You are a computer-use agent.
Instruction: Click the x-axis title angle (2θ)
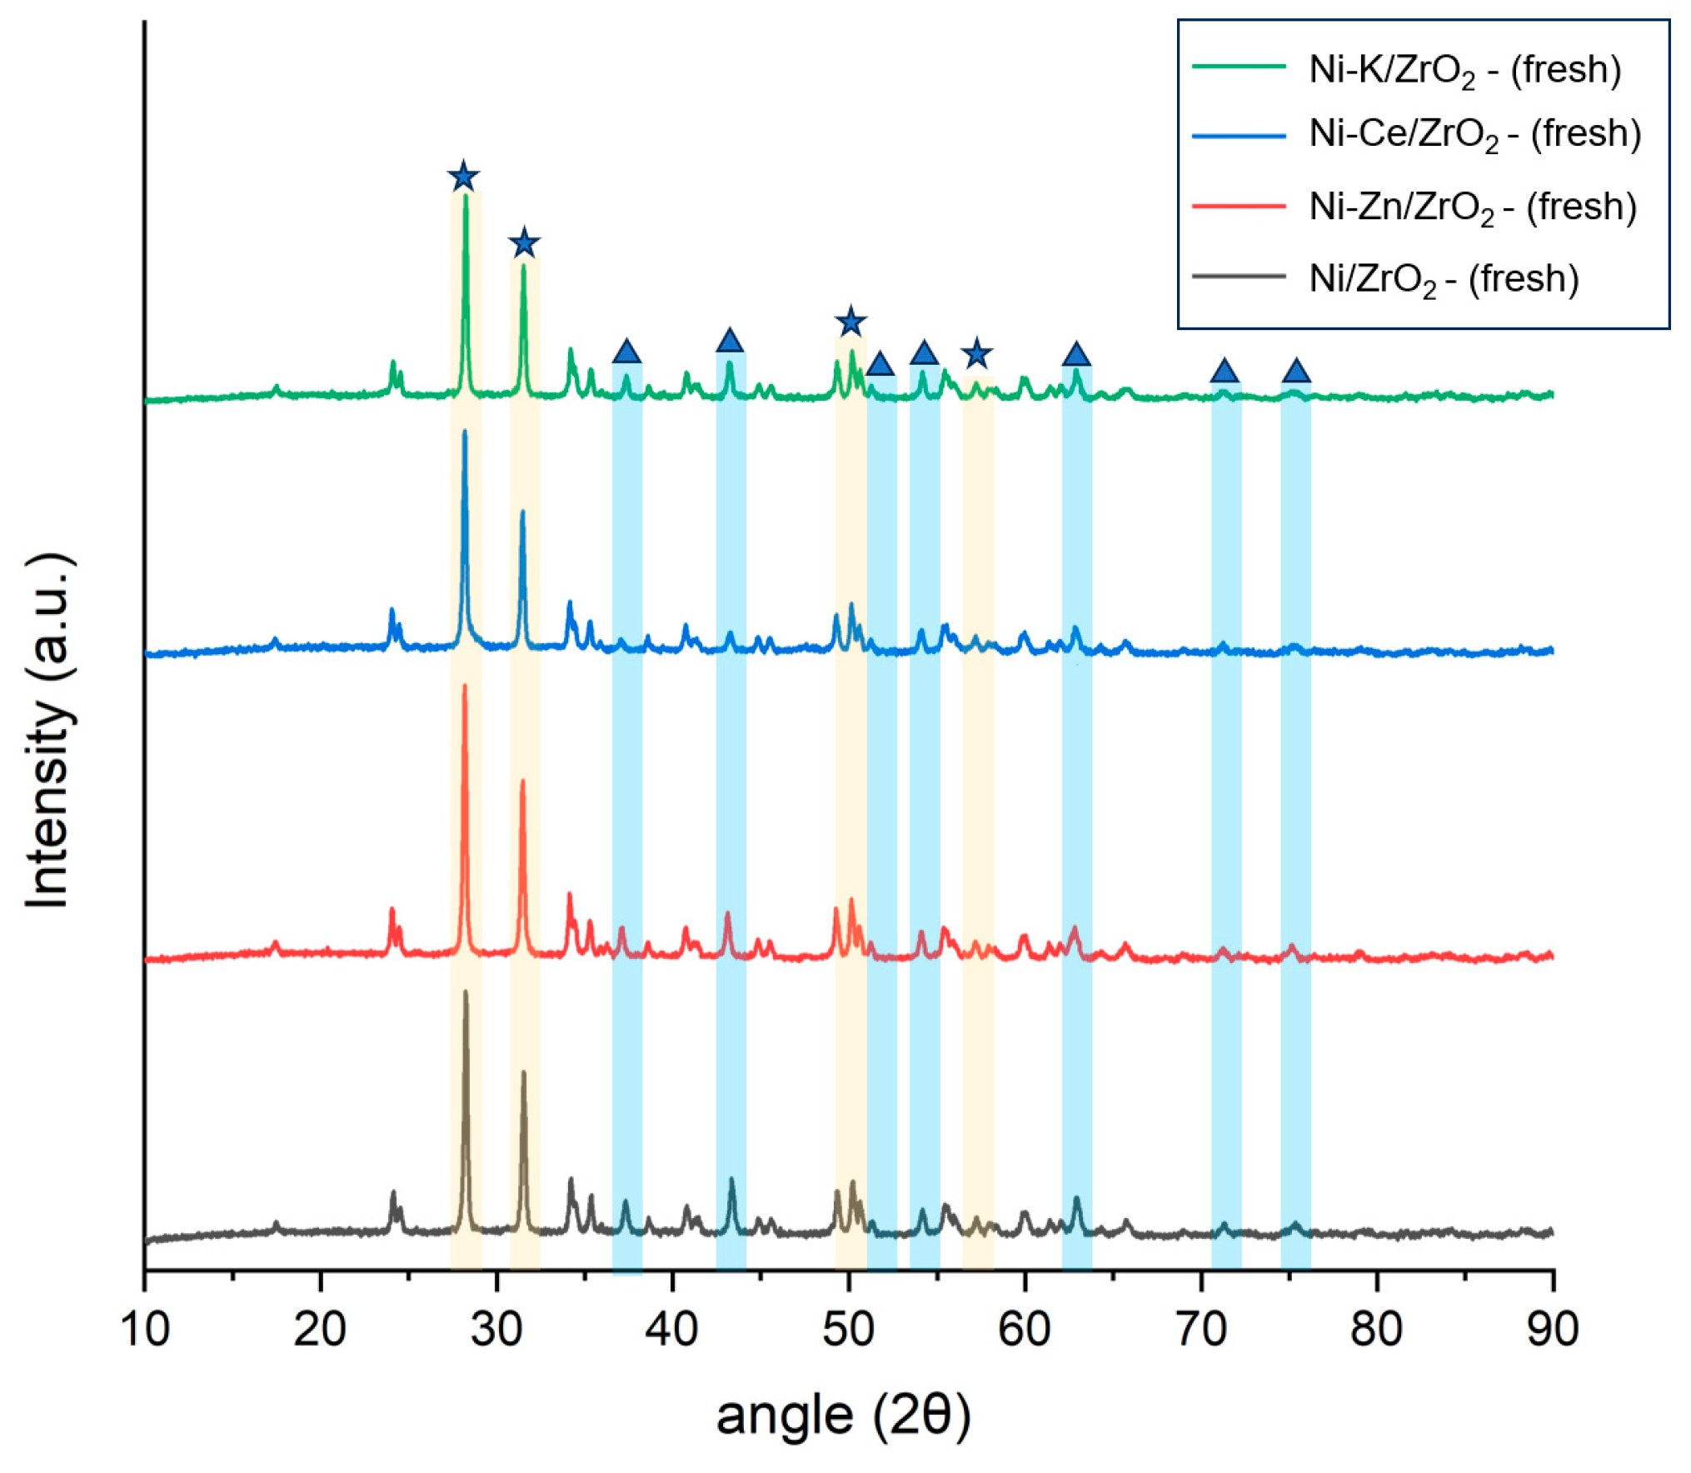click(x=843, y=1416)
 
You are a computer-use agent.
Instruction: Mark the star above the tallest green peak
click(x=463, y=177)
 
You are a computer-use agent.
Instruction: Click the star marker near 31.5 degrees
click(x=523, y=243)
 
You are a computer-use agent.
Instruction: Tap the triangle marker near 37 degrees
click(x=626, y=352)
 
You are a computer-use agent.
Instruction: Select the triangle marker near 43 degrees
click(x=729, y=341)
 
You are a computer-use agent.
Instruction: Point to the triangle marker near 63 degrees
click(x=1076, y=354)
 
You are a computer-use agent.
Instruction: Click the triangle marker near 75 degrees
click(x=1295, y=371)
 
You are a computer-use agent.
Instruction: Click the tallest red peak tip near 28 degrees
click(x=464, y=686)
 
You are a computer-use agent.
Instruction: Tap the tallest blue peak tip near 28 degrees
click(x=464, y=431)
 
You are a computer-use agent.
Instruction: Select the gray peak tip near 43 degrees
click(x=731, y=1180)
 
